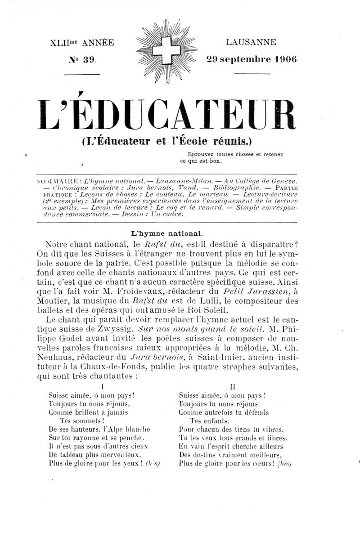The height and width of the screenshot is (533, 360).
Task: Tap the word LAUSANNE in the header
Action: (251, 43)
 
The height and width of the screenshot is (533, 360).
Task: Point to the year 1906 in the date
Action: (282, 59)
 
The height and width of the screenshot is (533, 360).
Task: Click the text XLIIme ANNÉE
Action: (83, 43)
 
